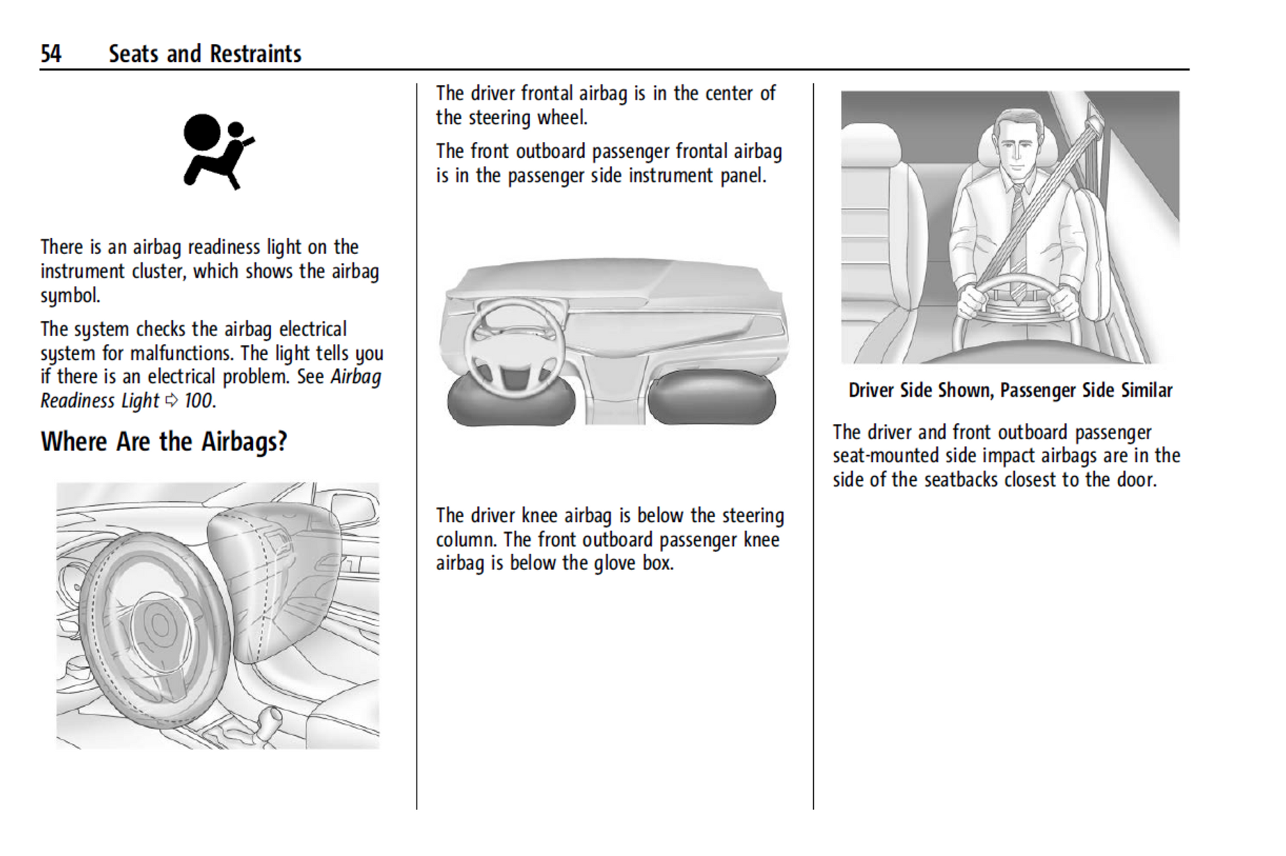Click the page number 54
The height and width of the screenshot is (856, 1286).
coord(51,54)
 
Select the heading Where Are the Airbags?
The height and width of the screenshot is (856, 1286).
coord(164,442)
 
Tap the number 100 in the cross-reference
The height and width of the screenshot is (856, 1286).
coord(198,401)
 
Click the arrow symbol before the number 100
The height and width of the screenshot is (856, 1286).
coord(172,401)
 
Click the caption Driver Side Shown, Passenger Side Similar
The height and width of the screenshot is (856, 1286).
coord(1010,391)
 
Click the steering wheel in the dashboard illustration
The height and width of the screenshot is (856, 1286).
coord(513,347)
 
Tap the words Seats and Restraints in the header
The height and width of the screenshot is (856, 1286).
coord(205,54)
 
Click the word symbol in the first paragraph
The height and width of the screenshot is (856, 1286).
coord(70,295)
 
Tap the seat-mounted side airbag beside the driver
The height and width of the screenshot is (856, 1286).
coord(1090,251)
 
